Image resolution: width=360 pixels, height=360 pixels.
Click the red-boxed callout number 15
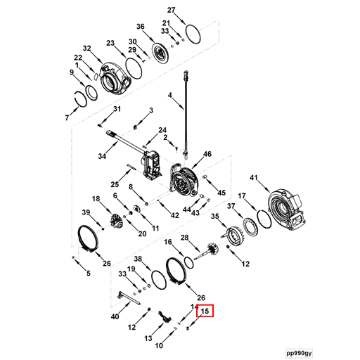pos(205,311)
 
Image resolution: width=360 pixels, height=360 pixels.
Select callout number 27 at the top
pos(171,9)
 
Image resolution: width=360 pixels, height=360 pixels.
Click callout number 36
pos(140,27)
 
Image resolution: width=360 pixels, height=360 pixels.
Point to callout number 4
pos(169,95)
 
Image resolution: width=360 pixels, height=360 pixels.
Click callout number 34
pos(102,156)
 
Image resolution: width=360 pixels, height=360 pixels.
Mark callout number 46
pos(207,154)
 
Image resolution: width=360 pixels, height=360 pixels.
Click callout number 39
pos(85,212)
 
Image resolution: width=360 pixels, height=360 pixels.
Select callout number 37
pos(230,206)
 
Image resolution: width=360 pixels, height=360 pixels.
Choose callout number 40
pos(115,317)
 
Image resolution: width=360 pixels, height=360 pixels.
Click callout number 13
pos(148,338)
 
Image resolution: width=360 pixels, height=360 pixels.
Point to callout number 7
pos(67,117)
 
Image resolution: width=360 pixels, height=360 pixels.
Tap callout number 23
pos(110,44)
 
